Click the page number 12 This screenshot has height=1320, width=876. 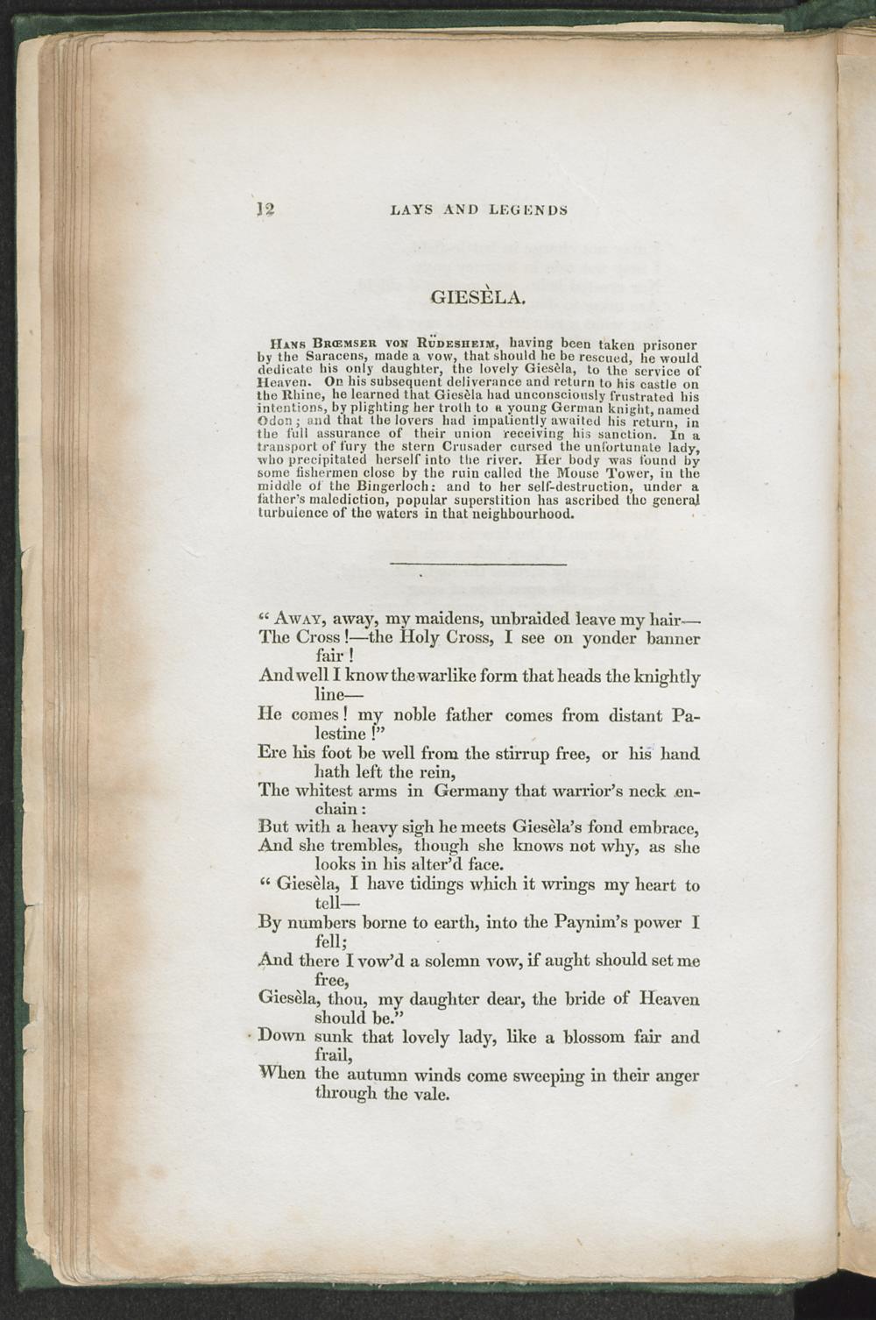[265, 209]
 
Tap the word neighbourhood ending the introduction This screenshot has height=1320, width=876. [519, 513]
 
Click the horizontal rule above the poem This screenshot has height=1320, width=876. [477, 563]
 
